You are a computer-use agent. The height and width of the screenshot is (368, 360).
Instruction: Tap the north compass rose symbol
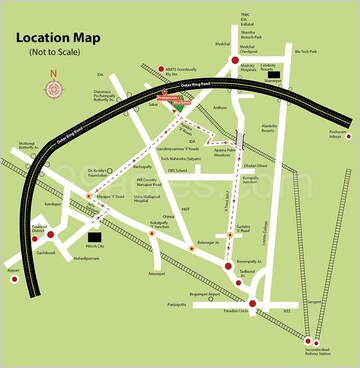(x=52, y=88)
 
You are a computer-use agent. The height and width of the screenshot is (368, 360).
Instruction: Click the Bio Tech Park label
(x=306, y=51)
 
